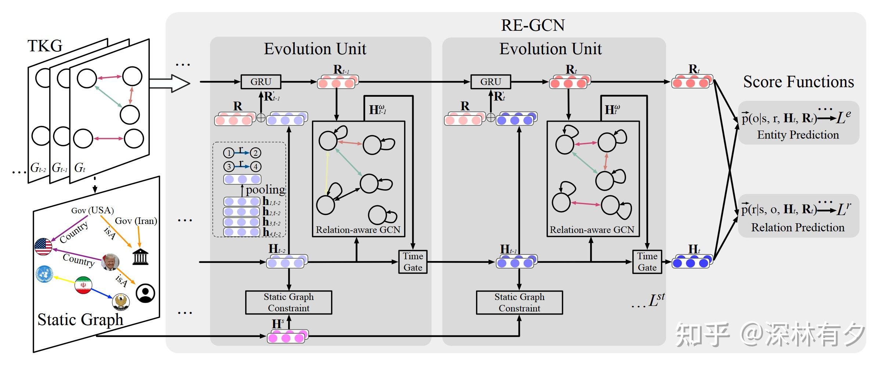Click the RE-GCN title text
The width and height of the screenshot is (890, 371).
(x=533, y=25)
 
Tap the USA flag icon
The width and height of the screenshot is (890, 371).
(x=43, y=246)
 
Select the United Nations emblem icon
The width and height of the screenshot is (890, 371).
(x=44, y=274)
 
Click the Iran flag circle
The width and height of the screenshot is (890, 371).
(x=83, y=285)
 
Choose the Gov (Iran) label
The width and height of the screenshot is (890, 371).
(x=136, y=221)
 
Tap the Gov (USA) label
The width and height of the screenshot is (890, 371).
(x=92, y=210)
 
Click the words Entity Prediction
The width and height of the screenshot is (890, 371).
(x=798, y=135)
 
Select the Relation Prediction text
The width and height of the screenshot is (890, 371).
(x=798, y=228)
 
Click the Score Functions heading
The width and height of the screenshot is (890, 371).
(x=798, y=82)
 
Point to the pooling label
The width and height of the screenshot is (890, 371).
(x=265, y=190)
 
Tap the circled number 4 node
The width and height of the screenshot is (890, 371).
(x=256, y=166)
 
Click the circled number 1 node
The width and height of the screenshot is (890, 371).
(x=229, y=153)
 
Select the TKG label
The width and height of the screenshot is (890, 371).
(x=45, y=46)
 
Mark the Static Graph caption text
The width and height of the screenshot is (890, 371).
(x=80, y=319)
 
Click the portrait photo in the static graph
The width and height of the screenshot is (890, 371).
(x=110, y=262)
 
